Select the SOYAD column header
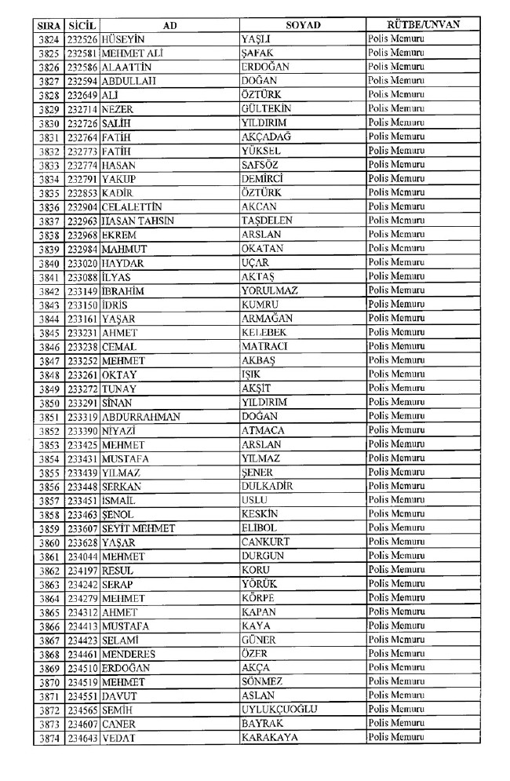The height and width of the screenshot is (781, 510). [302, 24]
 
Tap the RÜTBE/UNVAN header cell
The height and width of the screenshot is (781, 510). [423, 24]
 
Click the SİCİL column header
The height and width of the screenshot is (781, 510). [82, 24]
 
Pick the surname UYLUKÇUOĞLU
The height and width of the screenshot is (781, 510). [279, 710]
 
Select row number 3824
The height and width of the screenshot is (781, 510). [49, 39]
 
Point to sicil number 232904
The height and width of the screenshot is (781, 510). [82, 206]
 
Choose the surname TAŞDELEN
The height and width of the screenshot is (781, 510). [268, 221]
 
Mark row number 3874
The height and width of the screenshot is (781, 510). [49, 738]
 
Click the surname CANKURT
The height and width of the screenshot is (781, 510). [266, 542]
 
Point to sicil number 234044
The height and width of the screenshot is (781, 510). [82, 557]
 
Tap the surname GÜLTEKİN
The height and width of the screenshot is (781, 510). [268, 109]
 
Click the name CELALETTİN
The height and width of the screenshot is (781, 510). [132, 206]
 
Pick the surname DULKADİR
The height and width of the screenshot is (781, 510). [268, 486]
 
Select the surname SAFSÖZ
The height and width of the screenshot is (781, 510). [260, 165]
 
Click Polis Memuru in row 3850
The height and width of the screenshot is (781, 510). [396, 402]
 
